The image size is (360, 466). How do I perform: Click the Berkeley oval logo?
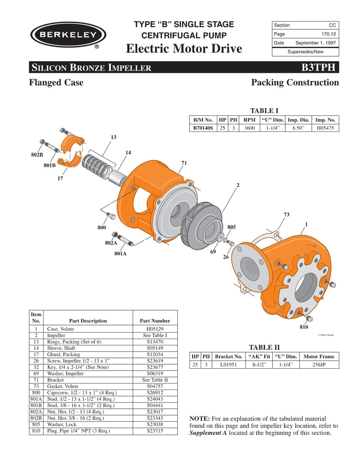point(68,35)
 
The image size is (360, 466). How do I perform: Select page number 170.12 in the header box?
point(327,34)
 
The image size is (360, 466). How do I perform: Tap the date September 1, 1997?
point(315,43)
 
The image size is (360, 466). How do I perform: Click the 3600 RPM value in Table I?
point(249,128)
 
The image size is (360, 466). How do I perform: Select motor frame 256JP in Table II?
point(319,365)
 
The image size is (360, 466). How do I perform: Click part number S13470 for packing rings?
point(154,342)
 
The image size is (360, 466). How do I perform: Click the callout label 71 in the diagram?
point(184,163)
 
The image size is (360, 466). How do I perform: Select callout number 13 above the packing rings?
point(113,137)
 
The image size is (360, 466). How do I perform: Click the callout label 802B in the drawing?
point(37,155)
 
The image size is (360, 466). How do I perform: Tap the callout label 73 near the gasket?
point(286,214)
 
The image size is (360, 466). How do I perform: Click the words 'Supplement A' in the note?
point(208,433)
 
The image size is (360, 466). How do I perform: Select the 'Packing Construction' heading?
point(295,82)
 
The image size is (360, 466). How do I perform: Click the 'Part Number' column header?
point(155,321)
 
